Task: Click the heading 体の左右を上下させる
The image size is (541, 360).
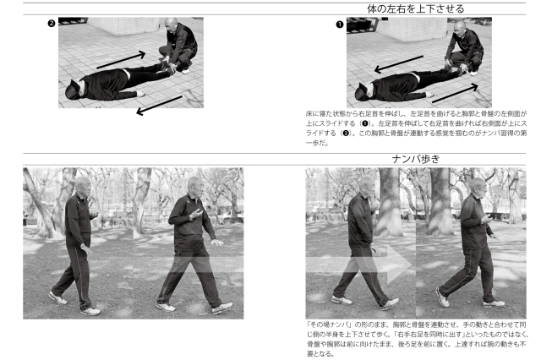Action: click(415, 9)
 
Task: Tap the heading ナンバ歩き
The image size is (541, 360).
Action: click(416, 159)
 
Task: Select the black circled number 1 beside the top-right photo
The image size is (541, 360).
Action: click(340, 25)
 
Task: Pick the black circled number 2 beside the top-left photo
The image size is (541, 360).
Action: click(52, 24)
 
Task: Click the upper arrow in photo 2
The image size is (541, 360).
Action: click(121, 60)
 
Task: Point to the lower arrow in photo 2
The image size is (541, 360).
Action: click(159, 106)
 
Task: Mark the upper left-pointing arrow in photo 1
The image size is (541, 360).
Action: click(398, 64)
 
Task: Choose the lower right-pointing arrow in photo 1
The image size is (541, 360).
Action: click(455, 93)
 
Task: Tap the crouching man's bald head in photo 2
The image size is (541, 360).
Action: click(171, 25)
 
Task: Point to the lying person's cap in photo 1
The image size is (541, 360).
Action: click(362, 92)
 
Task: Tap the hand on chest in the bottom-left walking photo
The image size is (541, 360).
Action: click(196, 214)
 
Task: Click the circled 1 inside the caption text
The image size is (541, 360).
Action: click(364, 123)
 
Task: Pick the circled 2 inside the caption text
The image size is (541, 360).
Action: click(345, 134)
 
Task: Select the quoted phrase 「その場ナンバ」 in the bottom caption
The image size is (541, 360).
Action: click(329, 325)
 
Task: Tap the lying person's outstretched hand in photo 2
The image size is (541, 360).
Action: click(140, 94)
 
